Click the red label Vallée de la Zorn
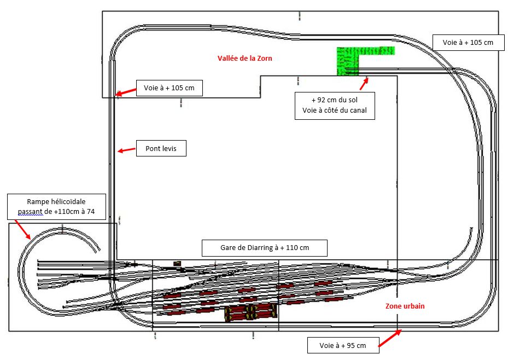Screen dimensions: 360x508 pos(244,59)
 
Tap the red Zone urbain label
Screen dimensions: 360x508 pos(405,306)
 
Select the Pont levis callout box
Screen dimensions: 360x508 pos(161,149)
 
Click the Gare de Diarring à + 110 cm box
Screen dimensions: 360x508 pos(264,248)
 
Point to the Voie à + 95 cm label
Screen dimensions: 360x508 pos(342,345)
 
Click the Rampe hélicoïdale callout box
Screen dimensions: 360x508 pos(56,206)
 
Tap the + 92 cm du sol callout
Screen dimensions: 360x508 pos(335,106)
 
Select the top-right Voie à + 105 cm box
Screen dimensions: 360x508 pos(468,42)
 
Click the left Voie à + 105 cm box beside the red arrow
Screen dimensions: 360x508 pos(169,88)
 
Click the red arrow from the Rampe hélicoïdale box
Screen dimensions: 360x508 pos(24,230)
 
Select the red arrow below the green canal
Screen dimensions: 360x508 pos(364,84)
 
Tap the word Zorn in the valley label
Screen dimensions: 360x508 pos(264,59)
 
